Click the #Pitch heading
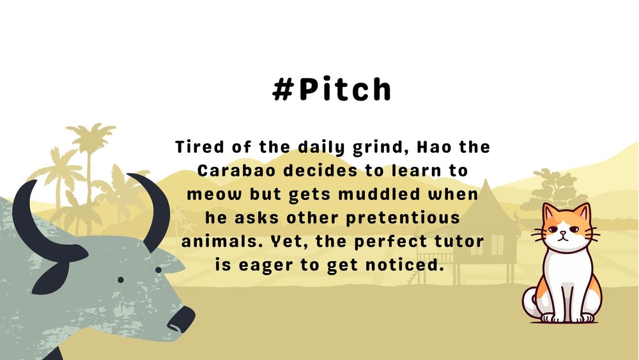[332, 88]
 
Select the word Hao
[434, 147]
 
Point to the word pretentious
[403, 218]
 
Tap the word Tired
[199, 147]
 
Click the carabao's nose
[181, 319]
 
